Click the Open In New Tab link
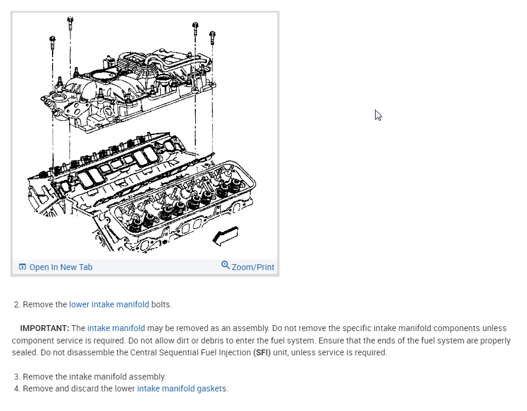pos(60,267)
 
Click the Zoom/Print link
pos(253,267)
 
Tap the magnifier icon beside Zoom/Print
pos(225,265)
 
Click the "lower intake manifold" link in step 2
pos(109,304)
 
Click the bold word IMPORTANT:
pos(44,328)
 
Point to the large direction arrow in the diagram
pos(225,236)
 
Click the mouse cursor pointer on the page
pos(378,115)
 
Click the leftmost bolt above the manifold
pos(53,41)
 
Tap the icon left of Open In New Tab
pos(22,267)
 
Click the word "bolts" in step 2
pos(161,304)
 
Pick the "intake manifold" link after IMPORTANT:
pos(116,328)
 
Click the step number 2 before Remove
pos(17,304)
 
